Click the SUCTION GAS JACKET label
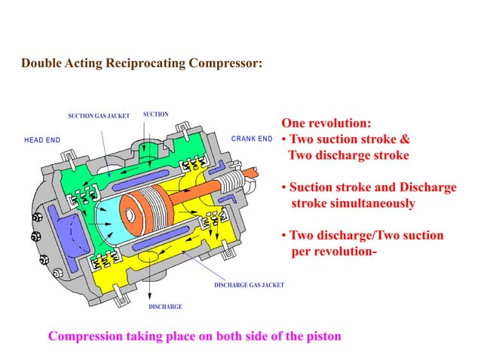99,116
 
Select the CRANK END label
251,139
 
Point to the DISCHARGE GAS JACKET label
249,285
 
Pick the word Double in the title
41,64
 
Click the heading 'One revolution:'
326,124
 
